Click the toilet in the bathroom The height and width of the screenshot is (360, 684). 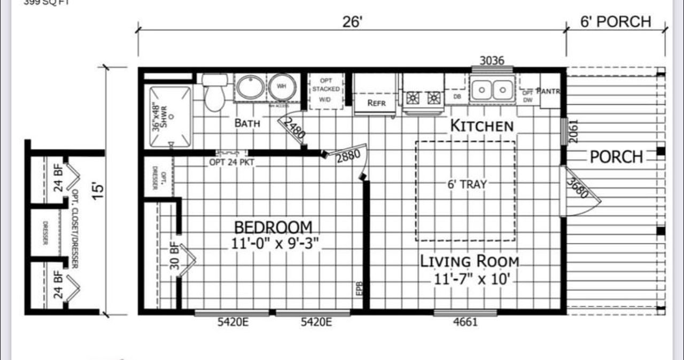pyautogui.click(x=215, y=92)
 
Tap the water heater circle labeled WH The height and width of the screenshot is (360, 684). pyautogui.click(x=282, y=87)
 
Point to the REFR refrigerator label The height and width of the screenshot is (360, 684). pyautogui.click(x=376, y=103)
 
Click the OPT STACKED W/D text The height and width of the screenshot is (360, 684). pyautogui.click(x=325, y=89)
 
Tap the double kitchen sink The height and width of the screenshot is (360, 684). pyautogui.click(x=492, y=89)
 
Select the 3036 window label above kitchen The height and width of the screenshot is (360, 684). pyautogui.click(x=492, y=60)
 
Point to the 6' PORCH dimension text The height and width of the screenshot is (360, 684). pyautogui.click(x=616, y=22)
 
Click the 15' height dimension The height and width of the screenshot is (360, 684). pyautogui.click(x=98, y=191)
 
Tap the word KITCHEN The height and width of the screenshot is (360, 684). pyautogui.click(x=482, y=126)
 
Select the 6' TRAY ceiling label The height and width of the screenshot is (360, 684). pyautogui.click(x=467, y=184)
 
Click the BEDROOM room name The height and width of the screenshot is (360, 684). pyautogui.click(x=273, y=227)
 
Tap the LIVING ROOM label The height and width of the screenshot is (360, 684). pyautogui.click(x=470, y=262)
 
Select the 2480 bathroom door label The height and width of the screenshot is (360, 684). pyautogui.click(x=293, y=128)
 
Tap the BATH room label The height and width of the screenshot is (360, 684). pyautogui.click(x=247, y=123)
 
